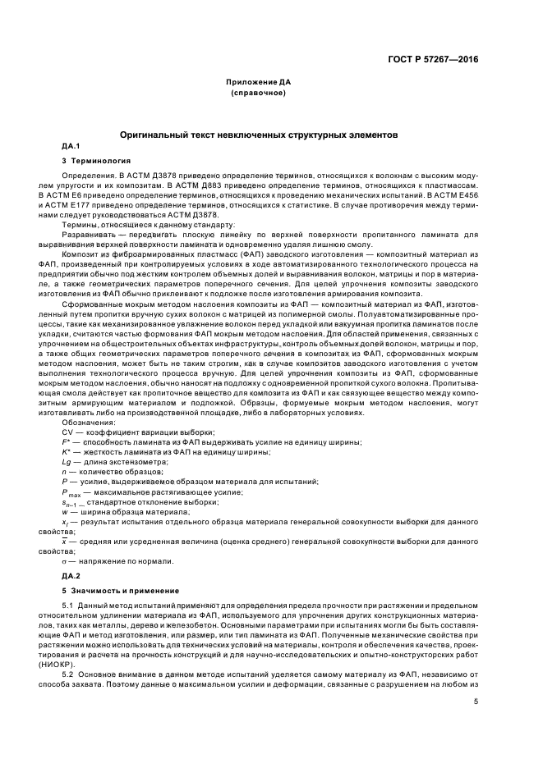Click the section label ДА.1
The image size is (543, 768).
60,145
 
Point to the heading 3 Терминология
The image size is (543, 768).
96,160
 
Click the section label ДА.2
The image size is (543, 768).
60,576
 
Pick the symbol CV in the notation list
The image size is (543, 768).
69,432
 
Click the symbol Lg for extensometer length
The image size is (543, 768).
67,462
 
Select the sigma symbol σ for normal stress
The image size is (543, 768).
65,560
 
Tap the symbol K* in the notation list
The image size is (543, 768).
67,452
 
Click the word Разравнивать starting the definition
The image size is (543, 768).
88,235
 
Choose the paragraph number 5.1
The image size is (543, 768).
68,606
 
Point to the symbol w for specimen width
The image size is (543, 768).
65,512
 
